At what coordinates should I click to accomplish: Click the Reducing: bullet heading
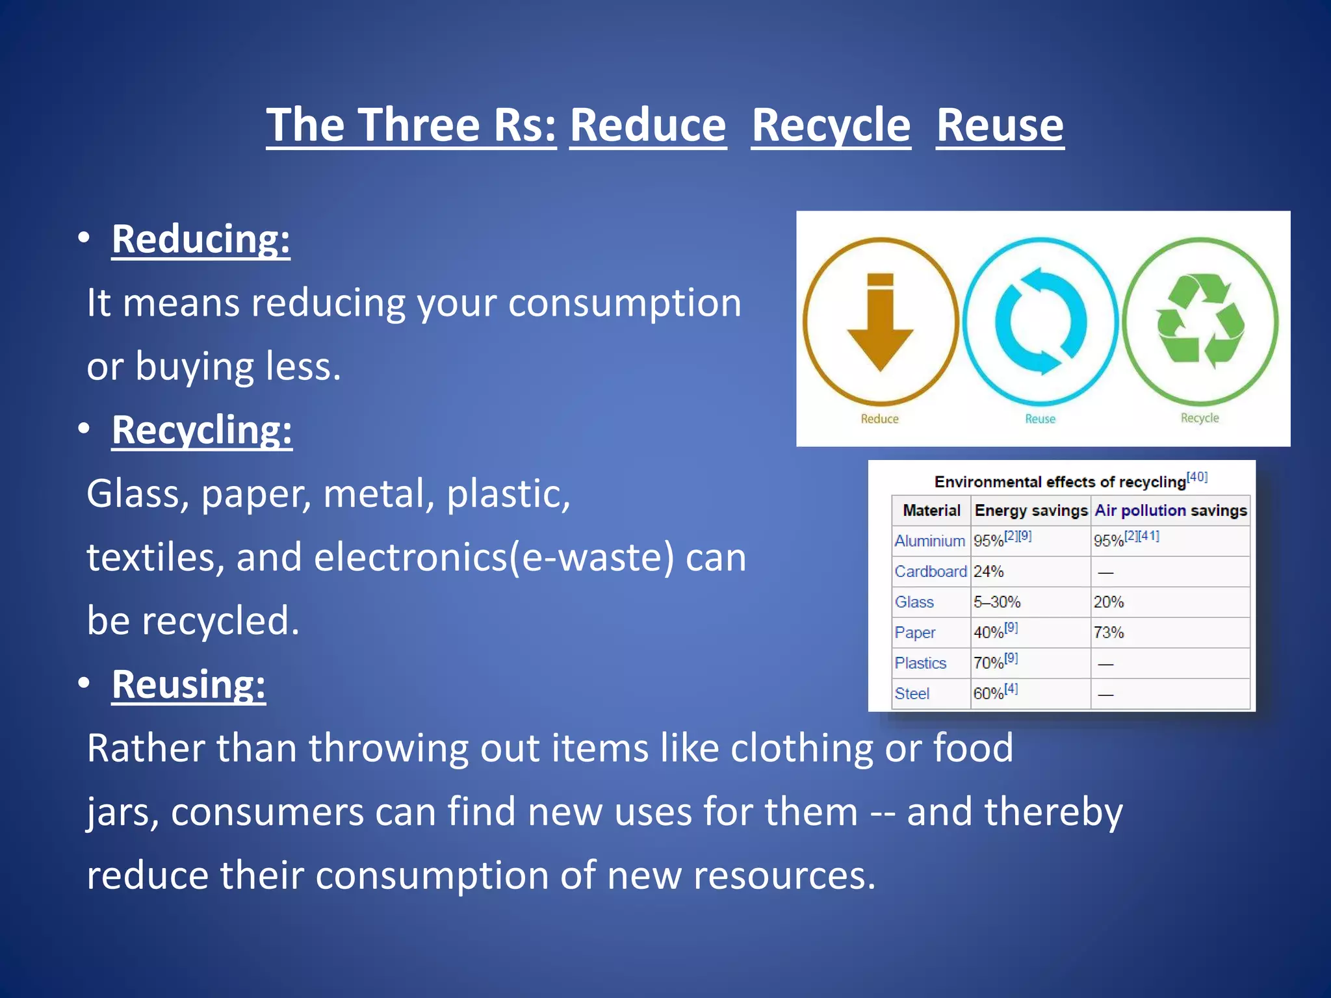[200, 239]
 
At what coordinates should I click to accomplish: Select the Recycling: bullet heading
[201, 430]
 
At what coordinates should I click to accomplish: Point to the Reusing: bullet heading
[188, 684]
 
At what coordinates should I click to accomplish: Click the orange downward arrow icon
[881, 322]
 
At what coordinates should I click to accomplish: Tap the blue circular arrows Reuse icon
[1040, 322]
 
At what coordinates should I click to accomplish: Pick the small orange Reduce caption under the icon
[879, 419]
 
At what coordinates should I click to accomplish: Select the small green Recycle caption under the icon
[1200, 418]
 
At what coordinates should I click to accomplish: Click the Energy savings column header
[1031, 511]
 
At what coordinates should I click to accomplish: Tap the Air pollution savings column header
[1170, 511]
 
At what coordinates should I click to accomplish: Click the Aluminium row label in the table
[929, 541]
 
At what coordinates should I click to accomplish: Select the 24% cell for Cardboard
[989, 572]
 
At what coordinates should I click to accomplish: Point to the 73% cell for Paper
[1109, 633]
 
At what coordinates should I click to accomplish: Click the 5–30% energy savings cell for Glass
[997, 602]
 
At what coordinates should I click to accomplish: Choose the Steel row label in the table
[912, 694]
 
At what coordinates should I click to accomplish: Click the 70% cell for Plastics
[989, 663]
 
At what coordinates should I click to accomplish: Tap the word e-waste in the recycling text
[597, 557]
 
